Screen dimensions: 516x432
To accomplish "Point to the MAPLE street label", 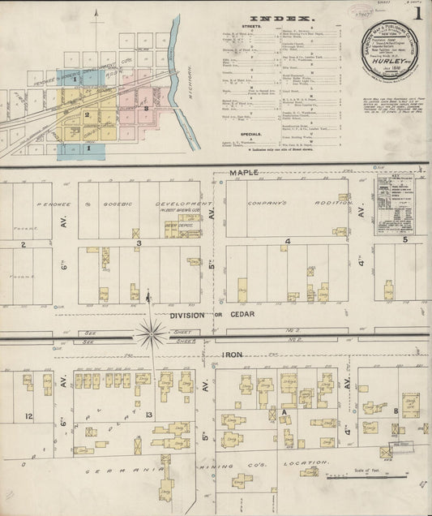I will tap(243, 173).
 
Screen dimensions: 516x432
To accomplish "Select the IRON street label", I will tap(233, 355).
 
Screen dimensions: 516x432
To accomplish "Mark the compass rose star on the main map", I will tap(150, 331).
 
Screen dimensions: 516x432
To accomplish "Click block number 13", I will tap(148, 415).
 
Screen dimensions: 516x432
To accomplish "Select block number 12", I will tap(28, 416).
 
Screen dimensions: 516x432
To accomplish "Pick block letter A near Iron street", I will tap(284, 412).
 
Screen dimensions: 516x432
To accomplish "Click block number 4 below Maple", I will tap(288, 242).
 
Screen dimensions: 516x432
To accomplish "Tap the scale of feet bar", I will tap(349, 477).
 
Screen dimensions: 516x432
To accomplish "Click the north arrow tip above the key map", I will tap(96, 12).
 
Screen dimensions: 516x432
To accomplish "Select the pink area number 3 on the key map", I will tap(146, 106).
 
